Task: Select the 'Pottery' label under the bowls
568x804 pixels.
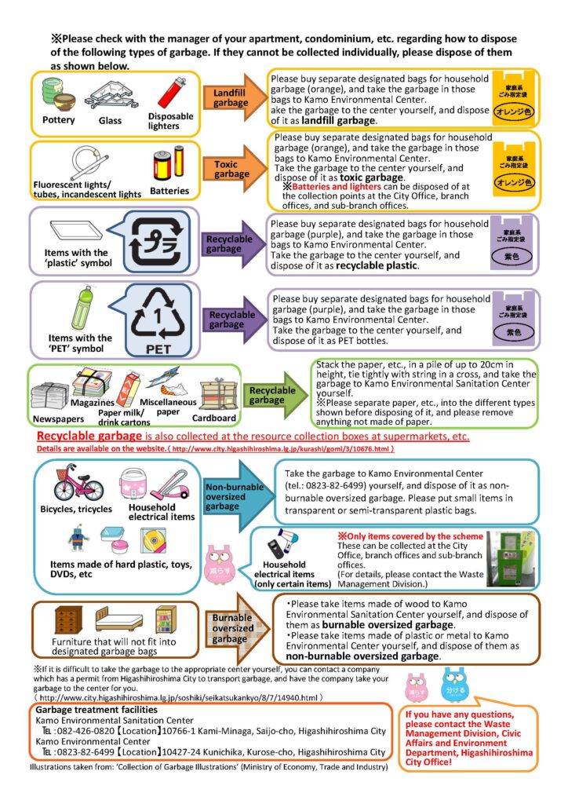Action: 59,120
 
